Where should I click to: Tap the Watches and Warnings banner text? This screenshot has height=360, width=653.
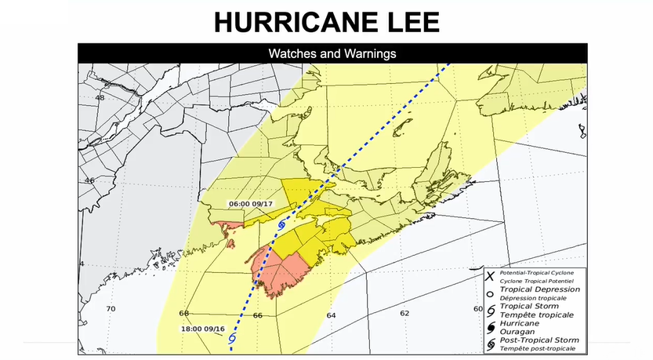332,54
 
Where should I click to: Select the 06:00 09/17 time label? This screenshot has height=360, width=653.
251,204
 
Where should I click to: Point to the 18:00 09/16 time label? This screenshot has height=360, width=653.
203,329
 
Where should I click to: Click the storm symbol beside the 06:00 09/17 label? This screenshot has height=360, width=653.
282,225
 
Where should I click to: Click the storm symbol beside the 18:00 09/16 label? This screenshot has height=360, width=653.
232,339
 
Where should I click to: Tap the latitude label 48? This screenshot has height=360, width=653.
100,98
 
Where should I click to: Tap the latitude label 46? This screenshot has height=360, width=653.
90,180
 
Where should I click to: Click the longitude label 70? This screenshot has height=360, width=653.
111,309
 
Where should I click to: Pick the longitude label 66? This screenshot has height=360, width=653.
257,315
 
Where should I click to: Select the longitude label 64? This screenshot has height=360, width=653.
332,315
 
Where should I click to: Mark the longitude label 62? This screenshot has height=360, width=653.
404,313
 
